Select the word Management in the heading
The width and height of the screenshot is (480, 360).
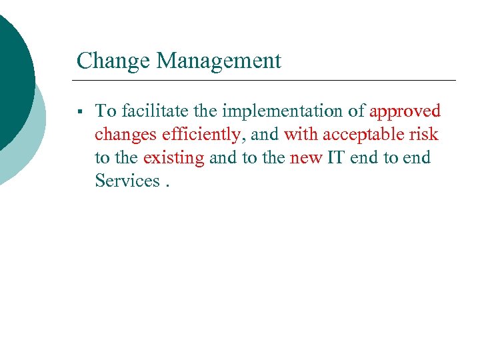[x=219, y=61]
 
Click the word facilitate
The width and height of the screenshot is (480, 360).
[x=148, y=111]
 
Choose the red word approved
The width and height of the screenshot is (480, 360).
[x=405, y=111]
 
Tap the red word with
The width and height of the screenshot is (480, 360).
[x=301, y=134]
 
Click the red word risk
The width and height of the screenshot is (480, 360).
[x=424, y=134]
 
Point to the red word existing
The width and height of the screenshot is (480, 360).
[x=173, y=157]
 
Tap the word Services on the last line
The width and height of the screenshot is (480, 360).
[x=126, y=181]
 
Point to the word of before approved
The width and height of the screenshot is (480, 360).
[x=357, y=111]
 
